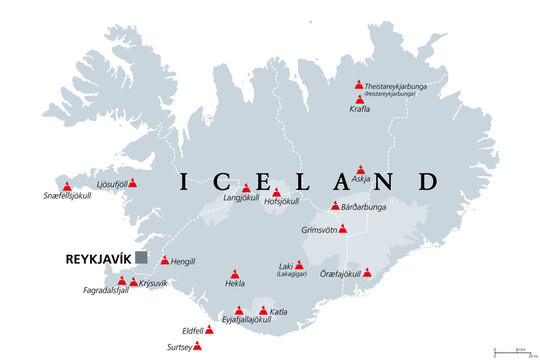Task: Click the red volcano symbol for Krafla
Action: click(359, 100)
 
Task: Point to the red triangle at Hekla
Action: click(235, 273)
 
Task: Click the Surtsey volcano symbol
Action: click(196, 346)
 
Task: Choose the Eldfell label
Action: click(192, 329)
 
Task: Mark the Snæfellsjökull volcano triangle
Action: click(67, 186)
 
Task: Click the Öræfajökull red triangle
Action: click(367, 272)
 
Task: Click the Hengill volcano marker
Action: click(165, 260)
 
